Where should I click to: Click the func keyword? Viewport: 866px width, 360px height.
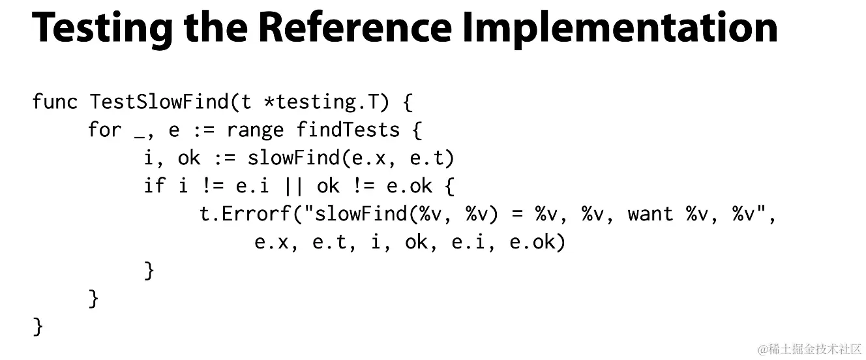point(55,102)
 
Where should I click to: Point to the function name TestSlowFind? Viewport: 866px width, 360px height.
point(158,102)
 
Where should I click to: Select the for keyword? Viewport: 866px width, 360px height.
point(105,130)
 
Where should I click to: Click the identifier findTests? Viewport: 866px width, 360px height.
point(348,130)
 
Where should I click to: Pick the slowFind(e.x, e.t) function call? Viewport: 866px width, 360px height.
point(350,158)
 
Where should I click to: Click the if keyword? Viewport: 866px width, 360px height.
point(154,186)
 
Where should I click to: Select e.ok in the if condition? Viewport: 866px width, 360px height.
point(410,186)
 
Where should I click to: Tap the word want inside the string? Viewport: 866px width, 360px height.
point(649,214)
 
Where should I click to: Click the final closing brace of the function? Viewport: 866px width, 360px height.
point(38,326)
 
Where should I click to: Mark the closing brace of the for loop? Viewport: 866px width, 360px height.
point(94,298)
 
